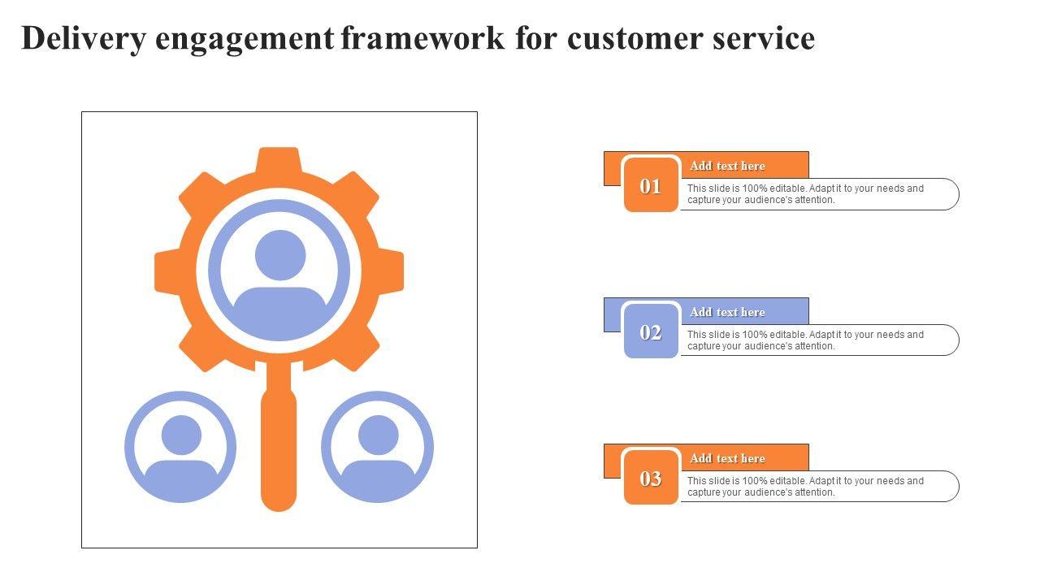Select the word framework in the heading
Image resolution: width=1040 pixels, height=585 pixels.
(x=423, y=39)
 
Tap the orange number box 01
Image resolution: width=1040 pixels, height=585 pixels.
(x=651, y=186)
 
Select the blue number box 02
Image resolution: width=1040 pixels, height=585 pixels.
(x=651, y=332)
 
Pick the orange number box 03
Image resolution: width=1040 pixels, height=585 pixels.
(x=651, y=479)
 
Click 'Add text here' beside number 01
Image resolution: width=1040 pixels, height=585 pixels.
(x=727, y=166)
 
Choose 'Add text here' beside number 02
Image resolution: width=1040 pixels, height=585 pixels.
(x=727, y=312)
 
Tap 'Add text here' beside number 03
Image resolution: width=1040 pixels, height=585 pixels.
(x=727, y=458)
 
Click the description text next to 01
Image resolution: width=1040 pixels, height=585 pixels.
(x=805, y=194)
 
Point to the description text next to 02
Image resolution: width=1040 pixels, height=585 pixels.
(x=805, y=340)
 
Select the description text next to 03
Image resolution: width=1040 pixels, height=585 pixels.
(x=805, y=487)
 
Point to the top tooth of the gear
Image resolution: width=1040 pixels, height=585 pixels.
(x=279, y=159)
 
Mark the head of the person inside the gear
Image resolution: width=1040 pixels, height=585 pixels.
(x=280, y=255)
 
